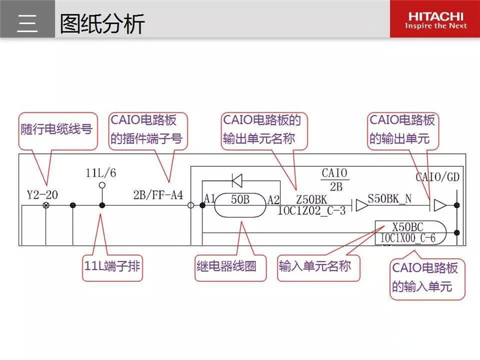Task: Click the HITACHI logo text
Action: pyautogui.click(x=436, y=16)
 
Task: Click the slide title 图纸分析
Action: pyautogui.click(x=102, y=23)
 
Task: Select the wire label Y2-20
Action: pyautogui.click(x=42, y=194)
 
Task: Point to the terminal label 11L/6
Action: pyautogui.click(x=101, y=173)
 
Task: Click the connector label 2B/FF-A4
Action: pyautogui.click(x=158, y=194)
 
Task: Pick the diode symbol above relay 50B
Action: pyautogui.click(x=237, y=180)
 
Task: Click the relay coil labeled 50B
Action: pyautogui.click(x=240, y=205)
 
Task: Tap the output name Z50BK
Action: pyautogui.click(x=311, y=199)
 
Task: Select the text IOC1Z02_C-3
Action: pyautogui.click(x=311, y=210)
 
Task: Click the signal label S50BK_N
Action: pyautogui.click(x=390, y=199)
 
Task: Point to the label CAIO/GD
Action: pyautogui.click(x=438, y=177)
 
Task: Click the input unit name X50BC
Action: pyautogui.click(x=408, y=227)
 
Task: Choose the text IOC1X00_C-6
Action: pyautogui.click(x=408, y=238)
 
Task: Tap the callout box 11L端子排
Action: pyautogui.click(x=113, y=266)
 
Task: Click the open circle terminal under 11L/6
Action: pyautogui.click(x=102, y=185)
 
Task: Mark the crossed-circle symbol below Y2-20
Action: pyautogui.click(x=46, y=205)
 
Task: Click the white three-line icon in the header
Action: pyautogui.click(x=27, y=23)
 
